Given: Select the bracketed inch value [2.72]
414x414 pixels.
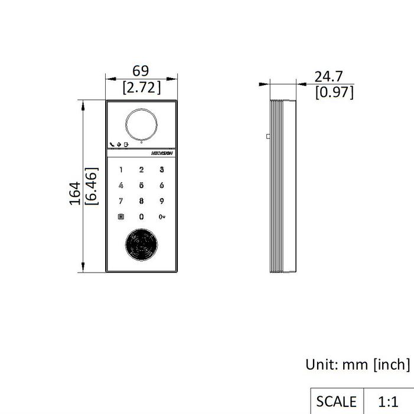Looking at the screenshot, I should (x=141, y=88).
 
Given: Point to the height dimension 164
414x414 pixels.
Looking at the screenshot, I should (x=74, y=193).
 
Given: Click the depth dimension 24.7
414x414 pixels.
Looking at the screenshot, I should (x=328, y=76).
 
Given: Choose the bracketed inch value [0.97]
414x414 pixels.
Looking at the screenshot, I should (x=334, y=92).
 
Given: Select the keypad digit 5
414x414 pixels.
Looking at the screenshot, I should (x=141, y=185).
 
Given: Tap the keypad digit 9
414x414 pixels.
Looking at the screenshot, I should (x=161, y=201).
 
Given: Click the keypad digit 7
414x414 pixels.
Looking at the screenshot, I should (x=121, y=201).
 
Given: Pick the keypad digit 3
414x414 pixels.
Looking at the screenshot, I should (x=161, y=170).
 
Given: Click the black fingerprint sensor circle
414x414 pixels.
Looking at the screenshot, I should (x=141, y=245).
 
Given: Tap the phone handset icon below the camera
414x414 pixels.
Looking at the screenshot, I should (x=112, y=144).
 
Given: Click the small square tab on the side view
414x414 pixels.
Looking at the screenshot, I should (x=268, y=136).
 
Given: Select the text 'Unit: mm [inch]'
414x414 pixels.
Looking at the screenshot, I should (x=357, y=364).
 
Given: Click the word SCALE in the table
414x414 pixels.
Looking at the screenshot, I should (x=336, y=402).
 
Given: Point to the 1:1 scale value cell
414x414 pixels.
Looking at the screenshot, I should (x=387, y=402).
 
